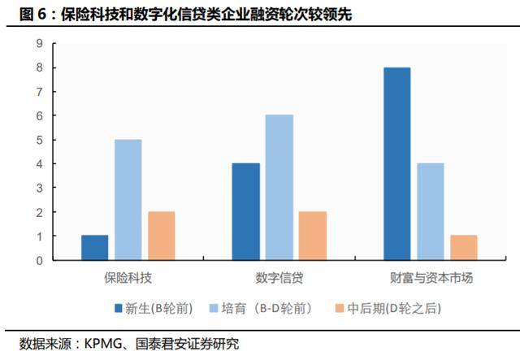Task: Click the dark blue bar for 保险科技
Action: tap(95, 248)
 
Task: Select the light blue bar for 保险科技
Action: tap(128, 200)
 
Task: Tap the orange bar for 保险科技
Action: tap(161, 236)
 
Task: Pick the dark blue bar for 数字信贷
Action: tap(246, 212)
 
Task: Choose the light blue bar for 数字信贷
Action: tap(279, 188)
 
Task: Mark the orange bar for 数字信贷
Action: tap(312, 236)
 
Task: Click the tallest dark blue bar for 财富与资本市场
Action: tap(397, 164)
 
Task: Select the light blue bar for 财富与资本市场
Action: tap(431, 212)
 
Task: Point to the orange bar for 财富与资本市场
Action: tap(464, 248)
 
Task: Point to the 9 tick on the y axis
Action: tap(38, 44)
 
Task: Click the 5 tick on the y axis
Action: tap(38, 140)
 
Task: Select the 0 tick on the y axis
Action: tap(38, 260)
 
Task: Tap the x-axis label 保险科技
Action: tap(128, 278)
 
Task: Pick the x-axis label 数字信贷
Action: tap(279, 278)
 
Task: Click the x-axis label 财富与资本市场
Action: tap(431, 278)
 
